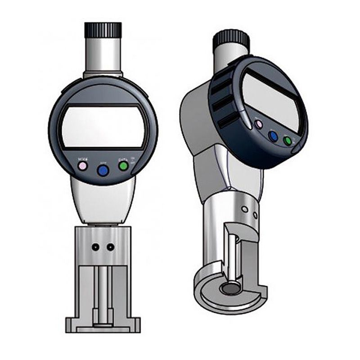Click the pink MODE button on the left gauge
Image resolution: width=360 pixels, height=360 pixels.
[82, 166]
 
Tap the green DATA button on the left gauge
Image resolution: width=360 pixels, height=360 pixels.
[123, 166]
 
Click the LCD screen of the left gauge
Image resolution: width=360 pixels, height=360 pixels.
[103, 128]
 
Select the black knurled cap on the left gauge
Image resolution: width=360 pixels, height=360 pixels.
[103, 30]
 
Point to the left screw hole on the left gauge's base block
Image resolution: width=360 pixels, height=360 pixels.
[95, 247]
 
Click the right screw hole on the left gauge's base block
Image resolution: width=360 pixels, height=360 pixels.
[110, 247]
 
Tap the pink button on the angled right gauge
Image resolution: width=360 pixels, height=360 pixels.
[258, 124]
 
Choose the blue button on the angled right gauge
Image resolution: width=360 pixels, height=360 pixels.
[273, 135]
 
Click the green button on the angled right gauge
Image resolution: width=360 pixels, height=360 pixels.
[288, 141]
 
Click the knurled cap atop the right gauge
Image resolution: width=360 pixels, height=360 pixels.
[231, 40]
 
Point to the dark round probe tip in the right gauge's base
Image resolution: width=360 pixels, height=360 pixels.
[231, 288]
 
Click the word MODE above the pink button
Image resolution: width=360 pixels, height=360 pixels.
[82, 159]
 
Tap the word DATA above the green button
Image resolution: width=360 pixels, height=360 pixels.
[122, 159]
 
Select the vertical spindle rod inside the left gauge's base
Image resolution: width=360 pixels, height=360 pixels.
[103, 292]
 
